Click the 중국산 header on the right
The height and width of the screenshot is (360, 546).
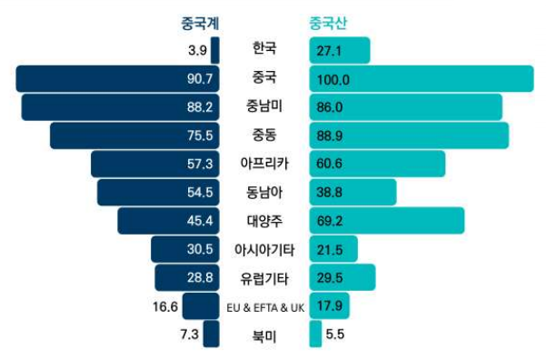click(328, 23)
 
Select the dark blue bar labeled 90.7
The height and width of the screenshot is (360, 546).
click(117, 79)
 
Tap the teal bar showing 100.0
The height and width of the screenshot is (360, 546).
click(422, 79)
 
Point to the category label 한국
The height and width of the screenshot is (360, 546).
click(264, 49)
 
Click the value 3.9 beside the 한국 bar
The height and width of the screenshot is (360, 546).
click(198, 51)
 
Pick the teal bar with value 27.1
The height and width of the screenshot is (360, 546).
click(340, 51)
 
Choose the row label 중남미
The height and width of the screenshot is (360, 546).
click(264, 106)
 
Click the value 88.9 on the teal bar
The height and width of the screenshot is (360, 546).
click(334, 136)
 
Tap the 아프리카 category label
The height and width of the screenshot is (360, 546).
click(264, 164)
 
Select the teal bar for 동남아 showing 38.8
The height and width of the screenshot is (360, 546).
click(352, 192)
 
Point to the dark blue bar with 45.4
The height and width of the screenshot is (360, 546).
click(168, 220)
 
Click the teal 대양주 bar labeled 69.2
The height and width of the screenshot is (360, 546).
click(387, 220)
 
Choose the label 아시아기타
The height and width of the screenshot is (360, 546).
click(264, 248)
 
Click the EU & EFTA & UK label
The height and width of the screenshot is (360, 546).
click(264, 307)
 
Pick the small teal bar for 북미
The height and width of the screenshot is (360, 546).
click(315, 334)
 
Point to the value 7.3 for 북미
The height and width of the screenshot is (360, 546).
click(190, 334)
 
